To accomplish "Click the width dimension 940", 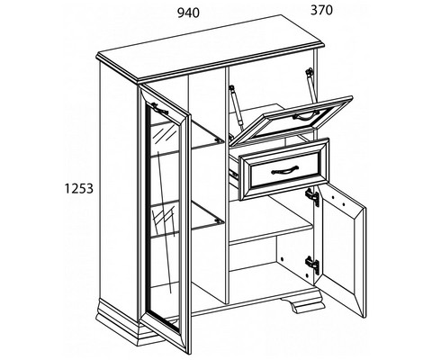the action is (188, 13).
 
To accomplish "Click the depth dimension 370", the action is (321, 10).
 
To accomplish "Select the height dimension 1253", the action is (79, 188).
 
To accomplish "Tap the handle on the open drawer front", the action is (284, 170).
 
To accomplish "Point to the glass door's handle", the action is (160, 108).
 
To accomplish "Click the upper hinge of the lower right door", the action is (312, 197).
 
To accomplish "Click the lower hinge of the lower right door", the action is (312, 265).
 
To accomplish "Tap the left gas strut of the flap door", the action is (235, 106).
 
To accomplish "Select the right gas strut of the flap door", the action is (310, 84).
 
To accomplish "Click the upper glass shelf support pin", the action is (219, 139).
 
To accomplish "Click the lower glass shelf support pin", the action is (218, 220).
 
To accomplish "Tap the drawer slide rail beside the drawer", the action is (233, 174).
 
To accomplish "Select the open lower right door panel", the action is (341, 249).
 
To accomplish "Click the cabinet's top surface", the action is (211, 47).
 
